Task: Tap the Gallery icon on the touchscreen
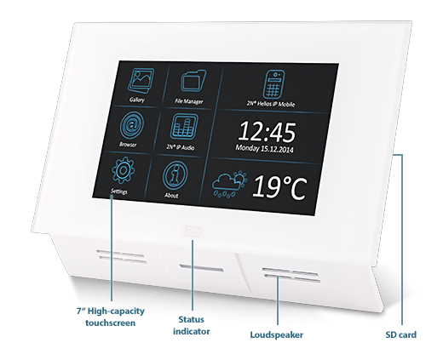pyautogui.click(x=141, y=80)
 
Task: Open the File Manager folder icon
pyautogui.click(x=193, y=81)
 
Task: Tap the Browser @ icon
pyautogui.click(x=131, y=124)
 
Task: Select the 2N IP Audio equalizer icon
pyautogui.click(x=184, y=127)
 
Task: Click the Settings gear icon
pyautogui.click(x=123, y=170)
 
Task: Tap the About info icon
pyautogui.click(x=175, y=175)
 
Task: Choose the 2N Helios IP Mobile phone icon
pyautogui.click(x=273, y=84)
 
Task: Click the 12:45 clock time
pyautogui.click(x=268, y=132)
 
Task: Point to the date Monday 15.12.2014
pyautogui.click(x=264, y=148)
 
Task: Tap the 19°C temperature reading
pyautogui.click(x=279, y=187)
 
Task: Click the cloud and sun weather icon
pyautogui.click(x=229, y=184)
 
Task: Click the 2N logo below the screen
pyautogui.click(x=193, y=231)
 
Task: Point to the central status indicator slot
pyautogui.click(x=201, y=268)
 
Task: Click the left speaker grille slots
pyautogui.click(x=122, y=256)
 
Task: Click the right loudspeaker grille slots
pyautogui.click(x=291, y=275)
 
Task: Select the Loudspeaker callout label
pyautogui.click(x=277, y=334)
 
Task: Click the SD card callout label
pyautogui.click(x=401, y=334)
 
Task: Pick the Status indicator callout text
pyautogui.click(x=192, y=325)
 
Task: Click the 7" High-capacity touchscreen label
pyautogui.click(x=111, y=317)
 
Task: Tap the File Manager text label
pyautogui.click(x=189, y=101)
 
